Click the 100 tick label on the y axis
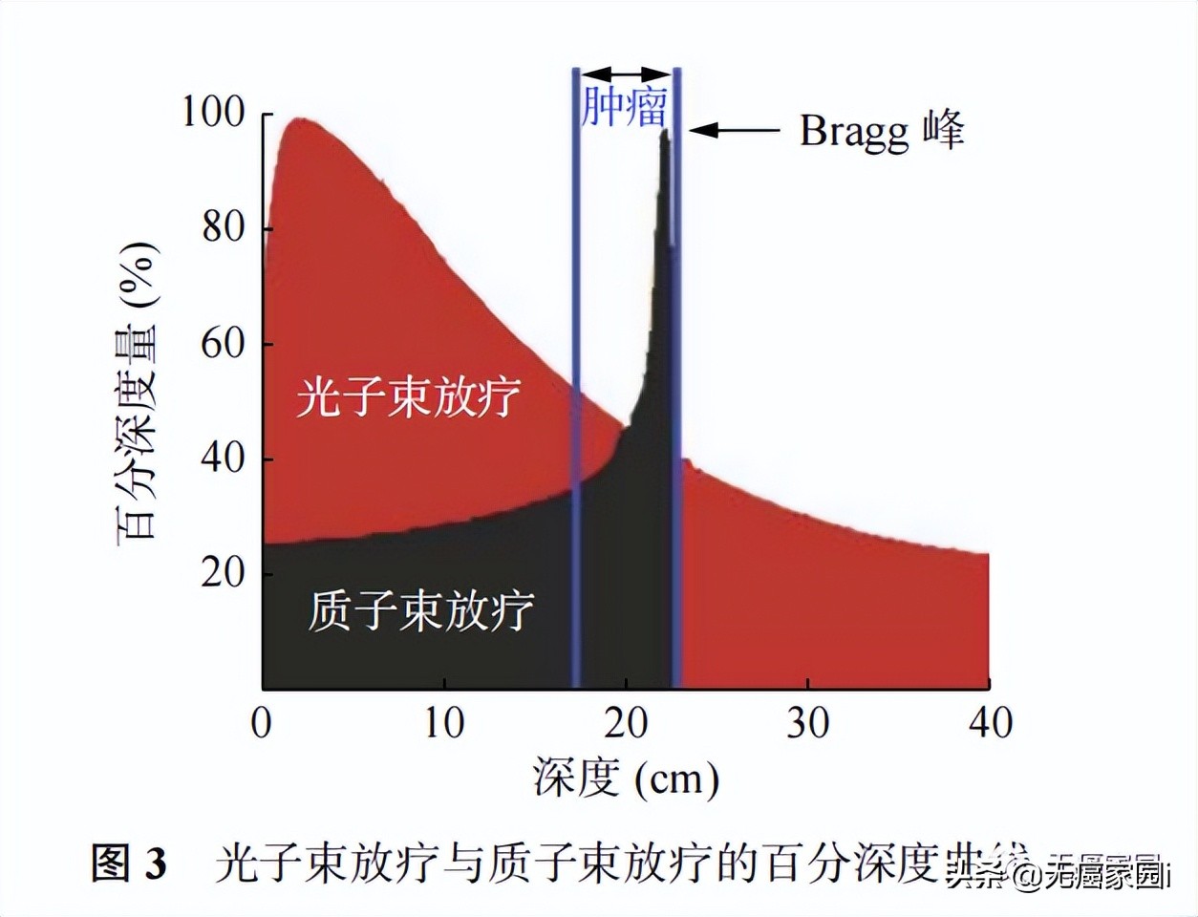pos(213,114)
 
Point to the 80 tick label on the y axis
pos(225,228)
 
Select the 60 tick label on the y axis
pos(225,344)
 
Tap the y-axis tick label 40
pos(225,459)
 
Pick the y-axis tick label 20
pos(225,573)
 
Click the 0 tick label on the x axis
pos(262,723)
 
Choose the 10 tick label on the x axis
pos(443,723)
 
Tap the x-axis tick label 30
pos(807,723)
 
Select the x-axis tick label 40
pos(990,723)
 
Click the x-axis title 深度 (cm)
pos(626,778)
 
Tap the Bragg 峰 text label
pos(882,131)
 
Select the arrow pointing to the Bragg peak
pos(734,130)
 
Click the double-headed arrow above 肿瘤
pos(626,74)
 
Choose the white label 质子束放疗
pos(420,610)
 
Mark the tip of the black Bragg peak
pos(665,131)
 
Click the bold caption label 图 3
pos(129,864)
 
